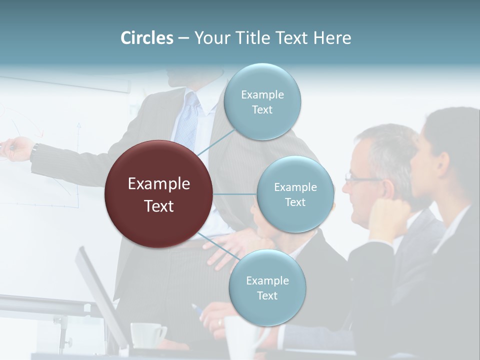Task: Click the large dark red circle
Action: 159,194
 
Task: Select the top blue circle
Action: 262,102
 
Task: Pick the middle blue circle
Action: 295,194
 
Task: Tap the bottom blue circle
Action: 267,288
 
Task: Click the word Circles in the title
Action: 147,38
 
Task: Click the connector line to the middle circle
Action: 235,194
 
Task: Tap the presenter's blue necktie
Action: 188,122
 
